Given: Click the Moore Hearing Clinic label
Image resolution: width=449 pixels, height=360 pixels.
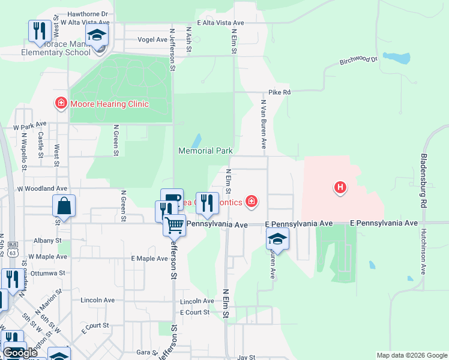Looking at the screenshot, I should click(109, 104).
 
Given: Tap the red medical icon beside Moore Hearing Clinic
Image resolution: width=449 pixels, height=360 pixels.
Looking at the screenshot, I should click(61, 104).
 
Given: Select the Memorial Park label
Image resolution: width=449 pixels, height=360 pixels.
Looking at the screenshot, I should click(205, 151).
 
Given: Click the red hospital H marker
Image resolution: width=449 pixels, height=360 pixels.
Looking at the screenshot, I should click(340, 188).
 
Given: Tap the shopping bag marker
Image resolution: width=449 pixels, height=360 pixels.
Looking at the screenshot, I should click(64, 207).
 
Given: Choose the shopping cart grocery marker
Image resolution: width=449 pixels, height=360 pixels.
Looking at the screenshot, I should click(174, 226).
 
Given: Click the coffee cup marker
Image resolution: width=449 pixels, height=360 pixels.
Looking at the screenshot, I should click(172, 199).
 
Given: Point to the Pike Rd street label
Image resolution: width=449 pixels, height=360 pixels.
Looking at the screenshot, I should click(280, 92).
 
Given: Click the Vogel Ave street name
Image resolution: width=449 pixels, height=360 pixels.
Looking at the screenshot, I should click(152, 40).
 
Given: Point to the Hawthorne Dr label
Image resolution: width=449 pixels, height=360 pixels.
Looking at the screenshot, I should click(88, 13).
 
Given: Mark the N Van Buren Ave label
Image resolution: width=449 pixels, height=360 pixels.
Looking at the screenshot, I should click(263, 124).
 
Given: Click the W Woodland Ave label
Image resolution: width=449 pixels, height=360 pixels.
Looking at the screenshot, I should click(42, 188).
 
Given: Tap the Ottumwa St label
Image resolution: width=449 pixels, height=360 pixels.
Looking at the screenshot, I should click(47, 273).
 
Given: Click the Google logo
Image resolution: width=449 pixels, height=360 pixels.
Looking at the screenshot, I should click(20, 353).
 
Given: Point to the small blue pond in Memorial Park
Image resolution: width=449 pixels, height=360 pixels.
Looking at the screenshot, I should click(196, 141).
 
